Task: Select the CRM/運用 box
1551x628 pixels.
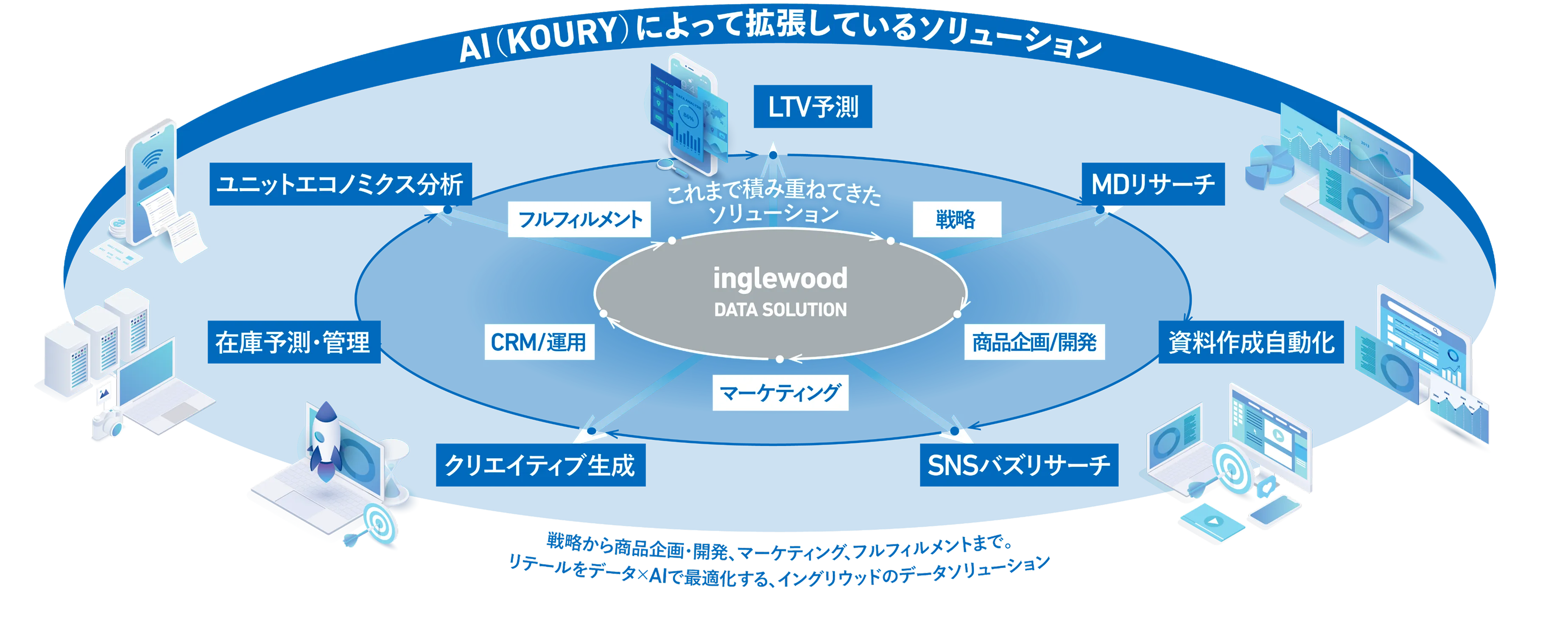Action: pyautogui.click(x=539, y=342)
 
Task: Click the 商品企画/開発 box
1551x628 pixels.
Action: pyautogui.click(x=1034, y=342)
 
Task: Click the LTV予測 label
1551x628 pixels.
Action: pyautogui.click(x=813, y=107)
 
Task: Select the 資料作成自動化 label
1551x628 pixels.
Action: pyautogui.click(x=1251, y=342)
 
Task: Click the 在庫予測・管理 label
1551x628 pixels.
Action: pyautogui.click(x=292, y=342)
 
